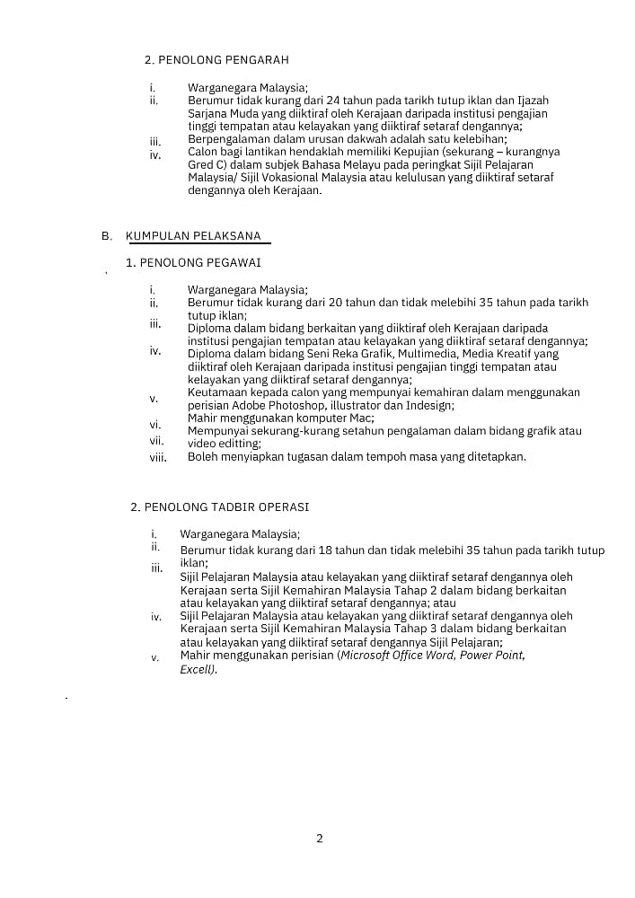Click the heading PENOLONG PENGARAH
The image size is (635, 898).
(216, 60)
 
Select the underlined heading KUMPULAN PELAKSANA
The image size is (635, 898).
(193, 236)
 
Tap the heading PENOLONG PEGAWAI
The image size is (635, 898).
(194, 262)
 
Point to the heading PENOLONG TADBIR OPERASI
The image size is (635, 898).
(220, 507)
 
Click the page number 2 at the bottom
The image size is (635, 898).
(320, 839)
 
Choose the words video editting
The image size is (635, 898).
(224, 444)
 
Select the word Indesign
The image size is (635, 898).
(429, 405)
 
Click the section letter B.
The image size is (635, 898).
(106, 236)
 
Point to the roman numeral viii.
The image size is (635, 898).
(158, 457)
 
